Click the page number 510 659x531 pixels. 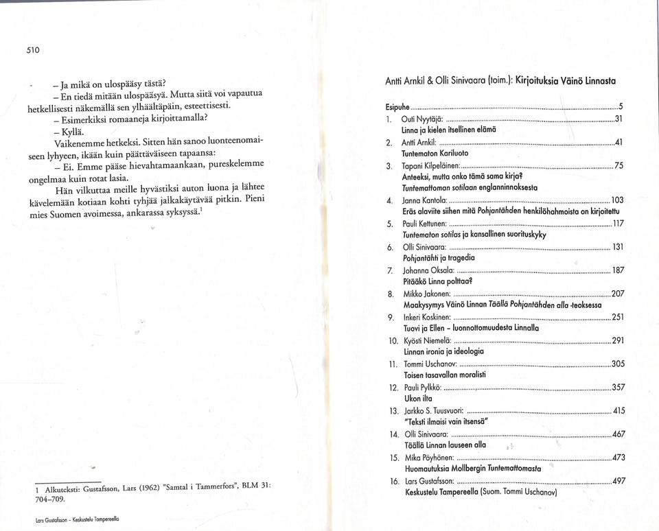click(34, 50)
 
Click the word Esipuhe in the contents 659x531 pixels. click(397, 108)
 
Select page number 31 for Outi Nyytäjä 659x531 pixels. click(617, 119)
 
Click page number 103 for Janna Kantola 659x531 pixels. click(617, 200)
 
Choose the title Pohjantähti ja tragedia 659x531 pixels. click(439, 258)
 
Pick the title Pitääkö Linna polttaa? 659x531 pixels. click(437, 281)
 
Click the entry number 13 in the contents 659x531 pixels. click(393, 411)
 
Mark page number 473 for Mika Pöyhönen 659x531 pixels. click(618, 458)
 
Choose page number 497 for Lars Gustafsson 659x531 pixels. click(618, 481)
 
